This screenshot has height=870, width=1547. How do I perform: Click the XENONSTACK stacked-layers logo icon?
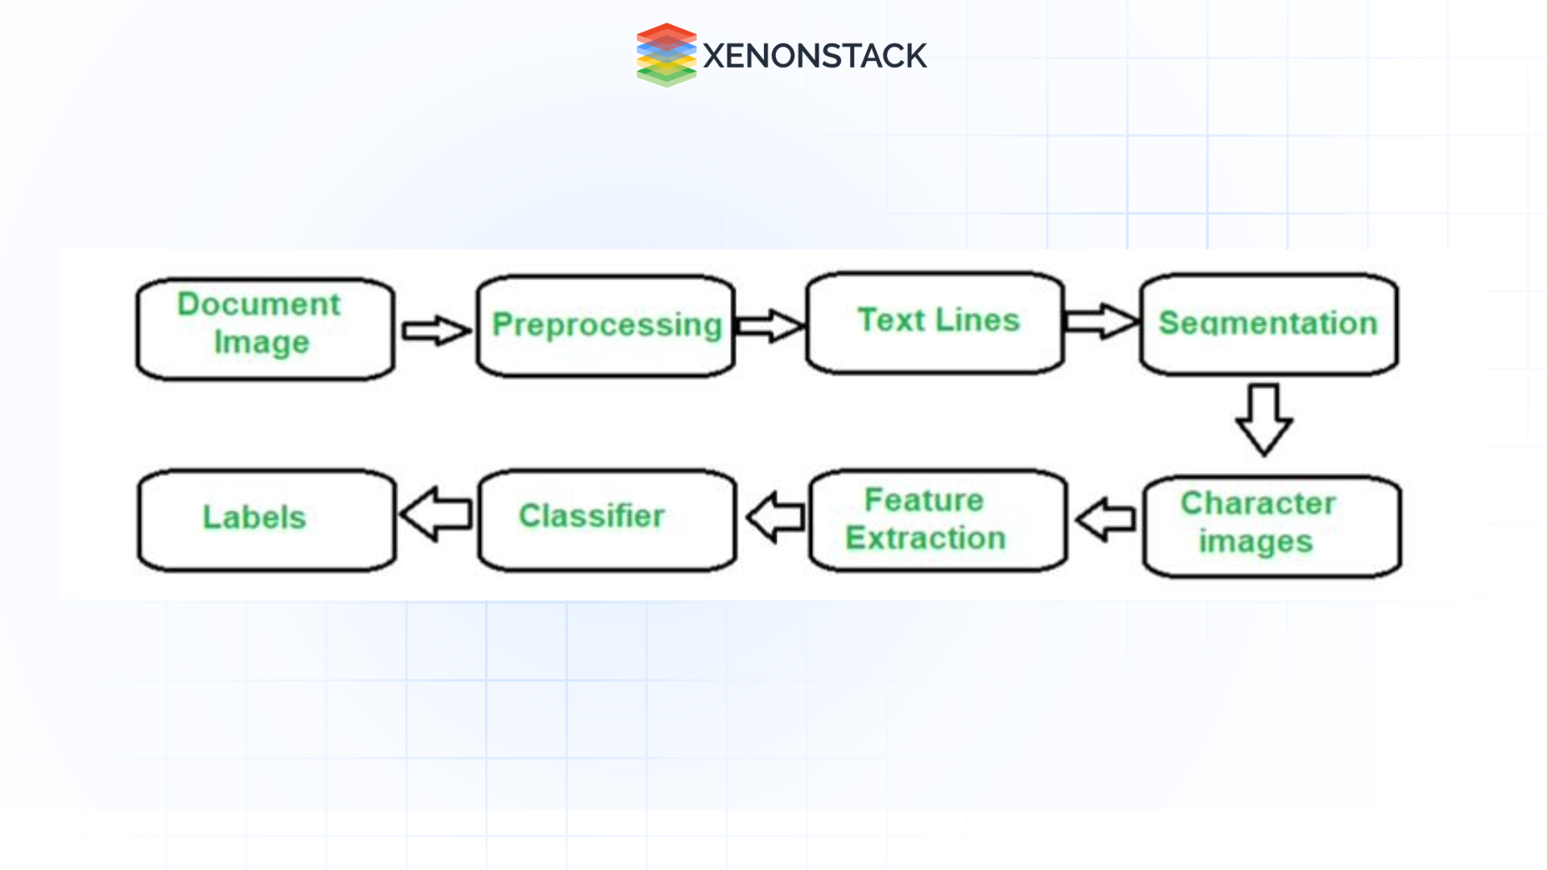pos(666,55)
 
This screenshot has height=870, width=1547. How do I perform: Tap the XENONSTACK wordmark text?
pos(815,56)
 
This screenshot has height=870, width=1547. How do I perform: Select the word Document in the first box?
pos(259,304)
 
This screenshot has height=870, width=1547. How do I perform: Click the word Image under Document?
pos(261,342)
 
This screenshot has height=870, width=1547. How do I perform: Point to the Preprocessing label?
pos(607,325)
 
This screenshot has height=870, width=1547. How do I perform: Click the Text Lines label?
pos(939,320)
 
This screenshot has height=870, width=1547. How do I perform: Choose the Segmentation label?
pos(1267,323)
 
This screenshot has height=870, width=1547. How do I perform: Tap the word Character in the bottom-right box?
pos(1258,503)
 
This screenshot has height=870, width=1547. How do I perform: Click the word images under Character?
pos(1255,541)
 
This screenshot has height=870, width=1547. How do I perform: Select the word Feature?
pos(924,500)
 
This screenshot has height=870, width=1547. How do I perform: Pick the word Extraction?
pos(926,538)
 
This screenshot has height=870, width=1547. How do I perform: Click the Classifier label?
pos(591,516)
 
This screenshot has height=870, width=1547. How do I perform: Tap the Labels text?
pos(254,517)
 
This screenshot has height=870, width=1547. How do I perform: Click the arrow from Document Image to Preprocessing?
pos(436,330)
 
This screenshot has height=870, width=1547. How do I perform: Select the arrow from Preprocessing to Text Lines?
pos(770,325)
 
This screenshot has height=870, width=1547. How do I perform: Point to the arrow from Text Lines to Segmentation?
pos(1101,321)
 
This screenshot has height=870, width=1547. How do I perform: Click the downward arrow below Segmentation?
pos(1263,420)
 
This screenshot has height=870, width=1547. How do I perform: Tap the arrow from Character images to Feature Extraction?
pos(1105,520)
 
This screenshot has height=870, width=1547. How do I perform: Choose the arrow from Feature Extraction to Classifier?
pos(775,517)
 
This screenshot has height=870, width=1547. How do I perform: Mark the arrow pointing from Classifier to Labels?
pos(436,514)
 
